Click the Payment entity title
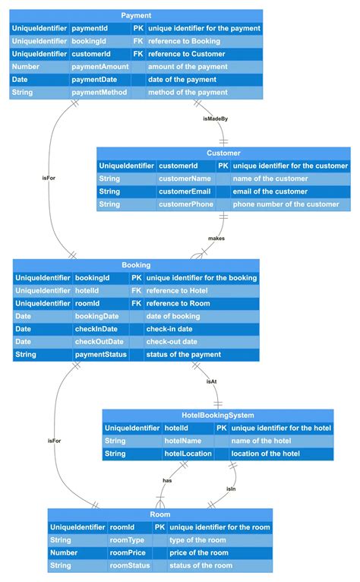[x=136, y=15]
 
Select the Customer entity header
[x=223, y=153]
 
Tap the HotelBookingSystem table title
[x=218, y=415]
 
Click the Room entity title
[x=159, y=514]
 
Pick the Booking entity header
[x=136, y=265]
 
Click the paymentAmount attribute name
[x=99, y=67]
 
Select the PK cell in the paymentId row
[x=137, y=28]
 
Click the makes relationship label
[x=216, y=238]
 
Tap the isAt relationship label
[x=212, y=381]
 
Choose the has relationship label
[x=167, y=480]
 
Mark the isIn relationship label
[x=231, y=488]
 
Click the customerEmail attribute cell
[x=185, y=191]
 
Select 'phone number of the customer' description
[x=286, y=204]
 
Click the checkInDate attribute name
[x=96, y=329]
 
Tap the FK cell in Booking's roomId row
[x=136, y=303]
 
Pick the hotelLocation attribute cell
[x=188, y=454]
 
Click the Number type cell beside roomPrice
[x=64, y=553]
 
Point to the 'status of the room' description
[x=201, y=566]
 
